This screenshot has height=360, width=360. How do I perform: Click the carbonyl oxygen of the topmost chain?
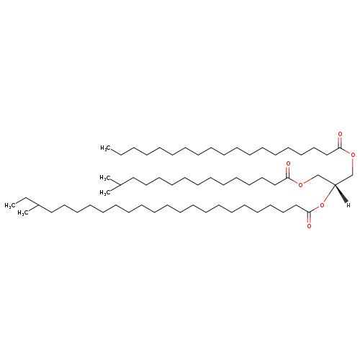pyautogui.click(x=340, y=134)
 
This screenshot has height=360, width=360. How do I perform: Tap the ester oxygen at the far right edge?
pyautogui.click(x=353, y=155)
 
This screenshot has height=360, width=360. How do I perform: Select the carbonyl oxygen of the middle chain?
pyautogui.click(x=288, y=164)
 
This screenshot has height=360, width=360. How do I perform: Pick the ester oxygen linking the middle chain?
pyautogui.click(x=300, y=184)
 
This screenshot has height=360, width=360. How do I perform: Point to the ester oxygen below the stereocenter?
pyautogui.click(x=322, y=205)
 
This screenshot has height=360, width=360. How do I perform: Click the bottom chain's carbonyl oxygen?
pyautogui.click(x=309, y=226)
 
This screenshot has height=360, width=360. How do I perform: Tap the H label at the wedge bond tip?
pyautogui.click(x=348, y=205)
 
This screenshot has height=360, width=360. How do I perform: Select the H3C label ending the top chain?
pyautogui.click(x=106, y=148)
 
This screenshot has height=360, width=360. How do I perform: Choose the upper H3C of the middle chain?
pyautogui.click(x=105, y=178)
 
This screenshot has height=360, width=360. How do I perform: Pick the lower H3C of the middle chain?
pyautogui.click(x=105, y=193)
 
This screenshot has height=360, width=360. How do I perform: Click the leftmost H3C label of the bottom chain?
pyautogui.click(x=10, y=206)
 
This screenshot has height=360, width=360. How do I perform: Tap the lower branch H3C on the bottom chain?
pyautogui.click(x=23, y=213)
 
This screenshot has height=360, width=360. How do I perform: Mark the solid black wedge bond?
pyautogui.click(x=341, y=194)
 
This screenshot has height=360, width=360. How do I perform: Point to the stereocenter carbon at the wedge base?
pyautogui.click(x=335, y=184)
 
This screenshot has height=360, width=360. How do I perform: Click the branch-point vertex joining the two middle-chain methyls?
pyautogui.click(x=120, y=185)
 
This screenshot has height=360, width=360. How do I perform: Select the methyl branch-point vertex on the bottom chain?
pyautogui.click(x=38, y=205)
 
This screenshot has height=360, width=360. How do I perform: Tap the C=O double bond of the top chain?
pyautogui.click(x=340, y=143)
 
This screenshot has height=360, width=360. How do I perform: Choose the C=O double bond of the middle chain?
pyautogui.click(x=288, y=172)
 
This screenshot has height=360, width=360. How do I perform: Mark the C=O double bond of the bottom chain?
pyautogui.click(x=309, y=217)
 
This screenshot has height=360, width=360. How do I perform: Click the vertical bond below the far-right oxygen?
pyautogui.click(x=353, y=166)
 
